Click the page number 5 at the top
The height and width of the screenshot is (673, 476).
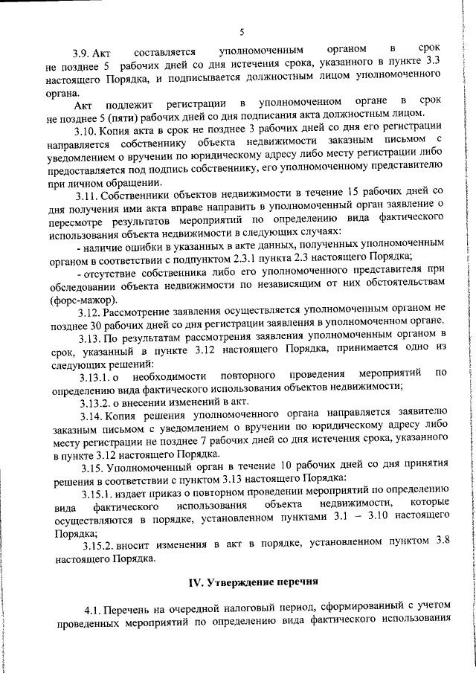(242, 32)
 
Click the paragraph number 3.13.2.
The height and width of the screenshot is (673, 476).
(97, 401)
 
